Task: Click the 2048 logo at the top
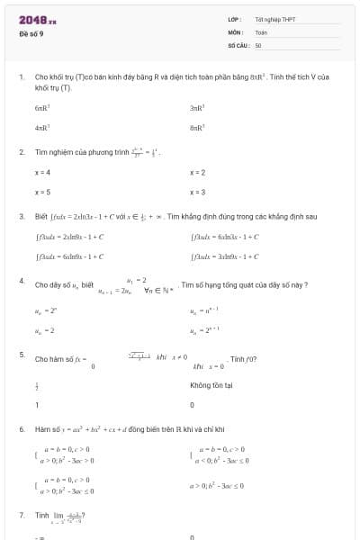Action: [37, 20]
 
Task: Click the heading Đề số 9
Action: [31, 33]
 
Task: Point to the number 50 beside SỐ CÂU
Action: [258, 44]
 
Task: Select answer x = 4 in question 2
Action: [42, 172]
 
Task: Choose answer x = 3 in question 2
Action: [198, 192]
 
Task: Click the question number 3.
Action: [22, 216]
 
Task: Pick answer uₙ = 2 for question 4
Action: [44, 330]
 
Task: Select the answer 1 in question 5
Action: [37, 405]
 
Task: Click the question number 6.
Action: [22, 429]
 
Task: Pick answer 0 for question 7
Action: [192, 536]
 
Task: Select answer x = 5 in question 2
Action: [42, 192]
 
